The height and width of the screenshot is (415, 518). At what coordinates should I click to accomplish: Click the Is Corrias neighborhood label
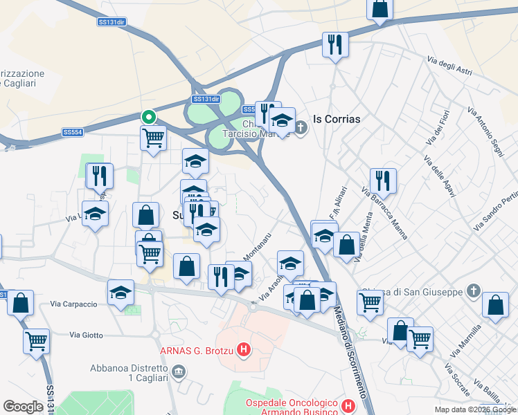[x=337, y=119]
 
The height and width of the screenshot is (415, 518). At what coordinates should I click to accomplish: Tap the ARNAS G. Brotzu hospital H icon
[x=243, y=351]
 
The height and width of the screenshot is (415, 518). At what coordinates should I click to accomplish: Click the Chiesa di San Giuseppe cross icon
[x=473, y=291]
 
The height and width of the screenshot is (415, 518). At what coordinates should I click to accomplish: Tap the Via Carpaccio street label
[x=74, y=303]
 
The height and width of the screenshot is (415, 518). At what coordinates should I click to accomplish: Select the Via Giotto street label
[x=86, y=335]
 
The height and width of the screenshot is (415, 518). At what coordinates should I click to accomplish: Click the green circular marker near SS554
[x=148, y=117]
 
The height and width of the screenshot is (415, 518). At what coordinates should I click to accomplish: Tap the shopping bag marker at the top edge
[x=379, y=10]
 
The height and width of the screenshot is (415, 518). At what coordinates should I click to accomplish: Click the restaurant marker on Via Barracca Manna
[x=383, y=181]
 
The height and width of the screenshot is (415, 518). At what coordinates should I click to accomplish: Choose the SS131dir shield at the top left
[x=111, y=22]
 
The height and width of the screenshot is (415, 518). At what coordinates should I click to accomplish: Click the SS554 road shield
[x=73, y=132]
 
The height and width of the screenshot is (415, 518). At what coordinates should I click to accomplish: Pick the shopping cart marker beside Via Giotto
[x=36, y=340]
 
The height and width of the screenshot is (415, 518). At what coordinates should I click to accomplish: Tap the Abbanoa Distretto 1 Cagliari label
[x=129, y=373]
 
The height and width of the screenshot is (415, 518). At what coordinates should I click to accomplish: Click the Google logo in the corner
[x=23, y=406]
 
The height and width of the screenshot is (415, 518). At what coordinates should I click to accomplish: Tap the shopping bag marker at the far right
[x=495, y=305]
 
